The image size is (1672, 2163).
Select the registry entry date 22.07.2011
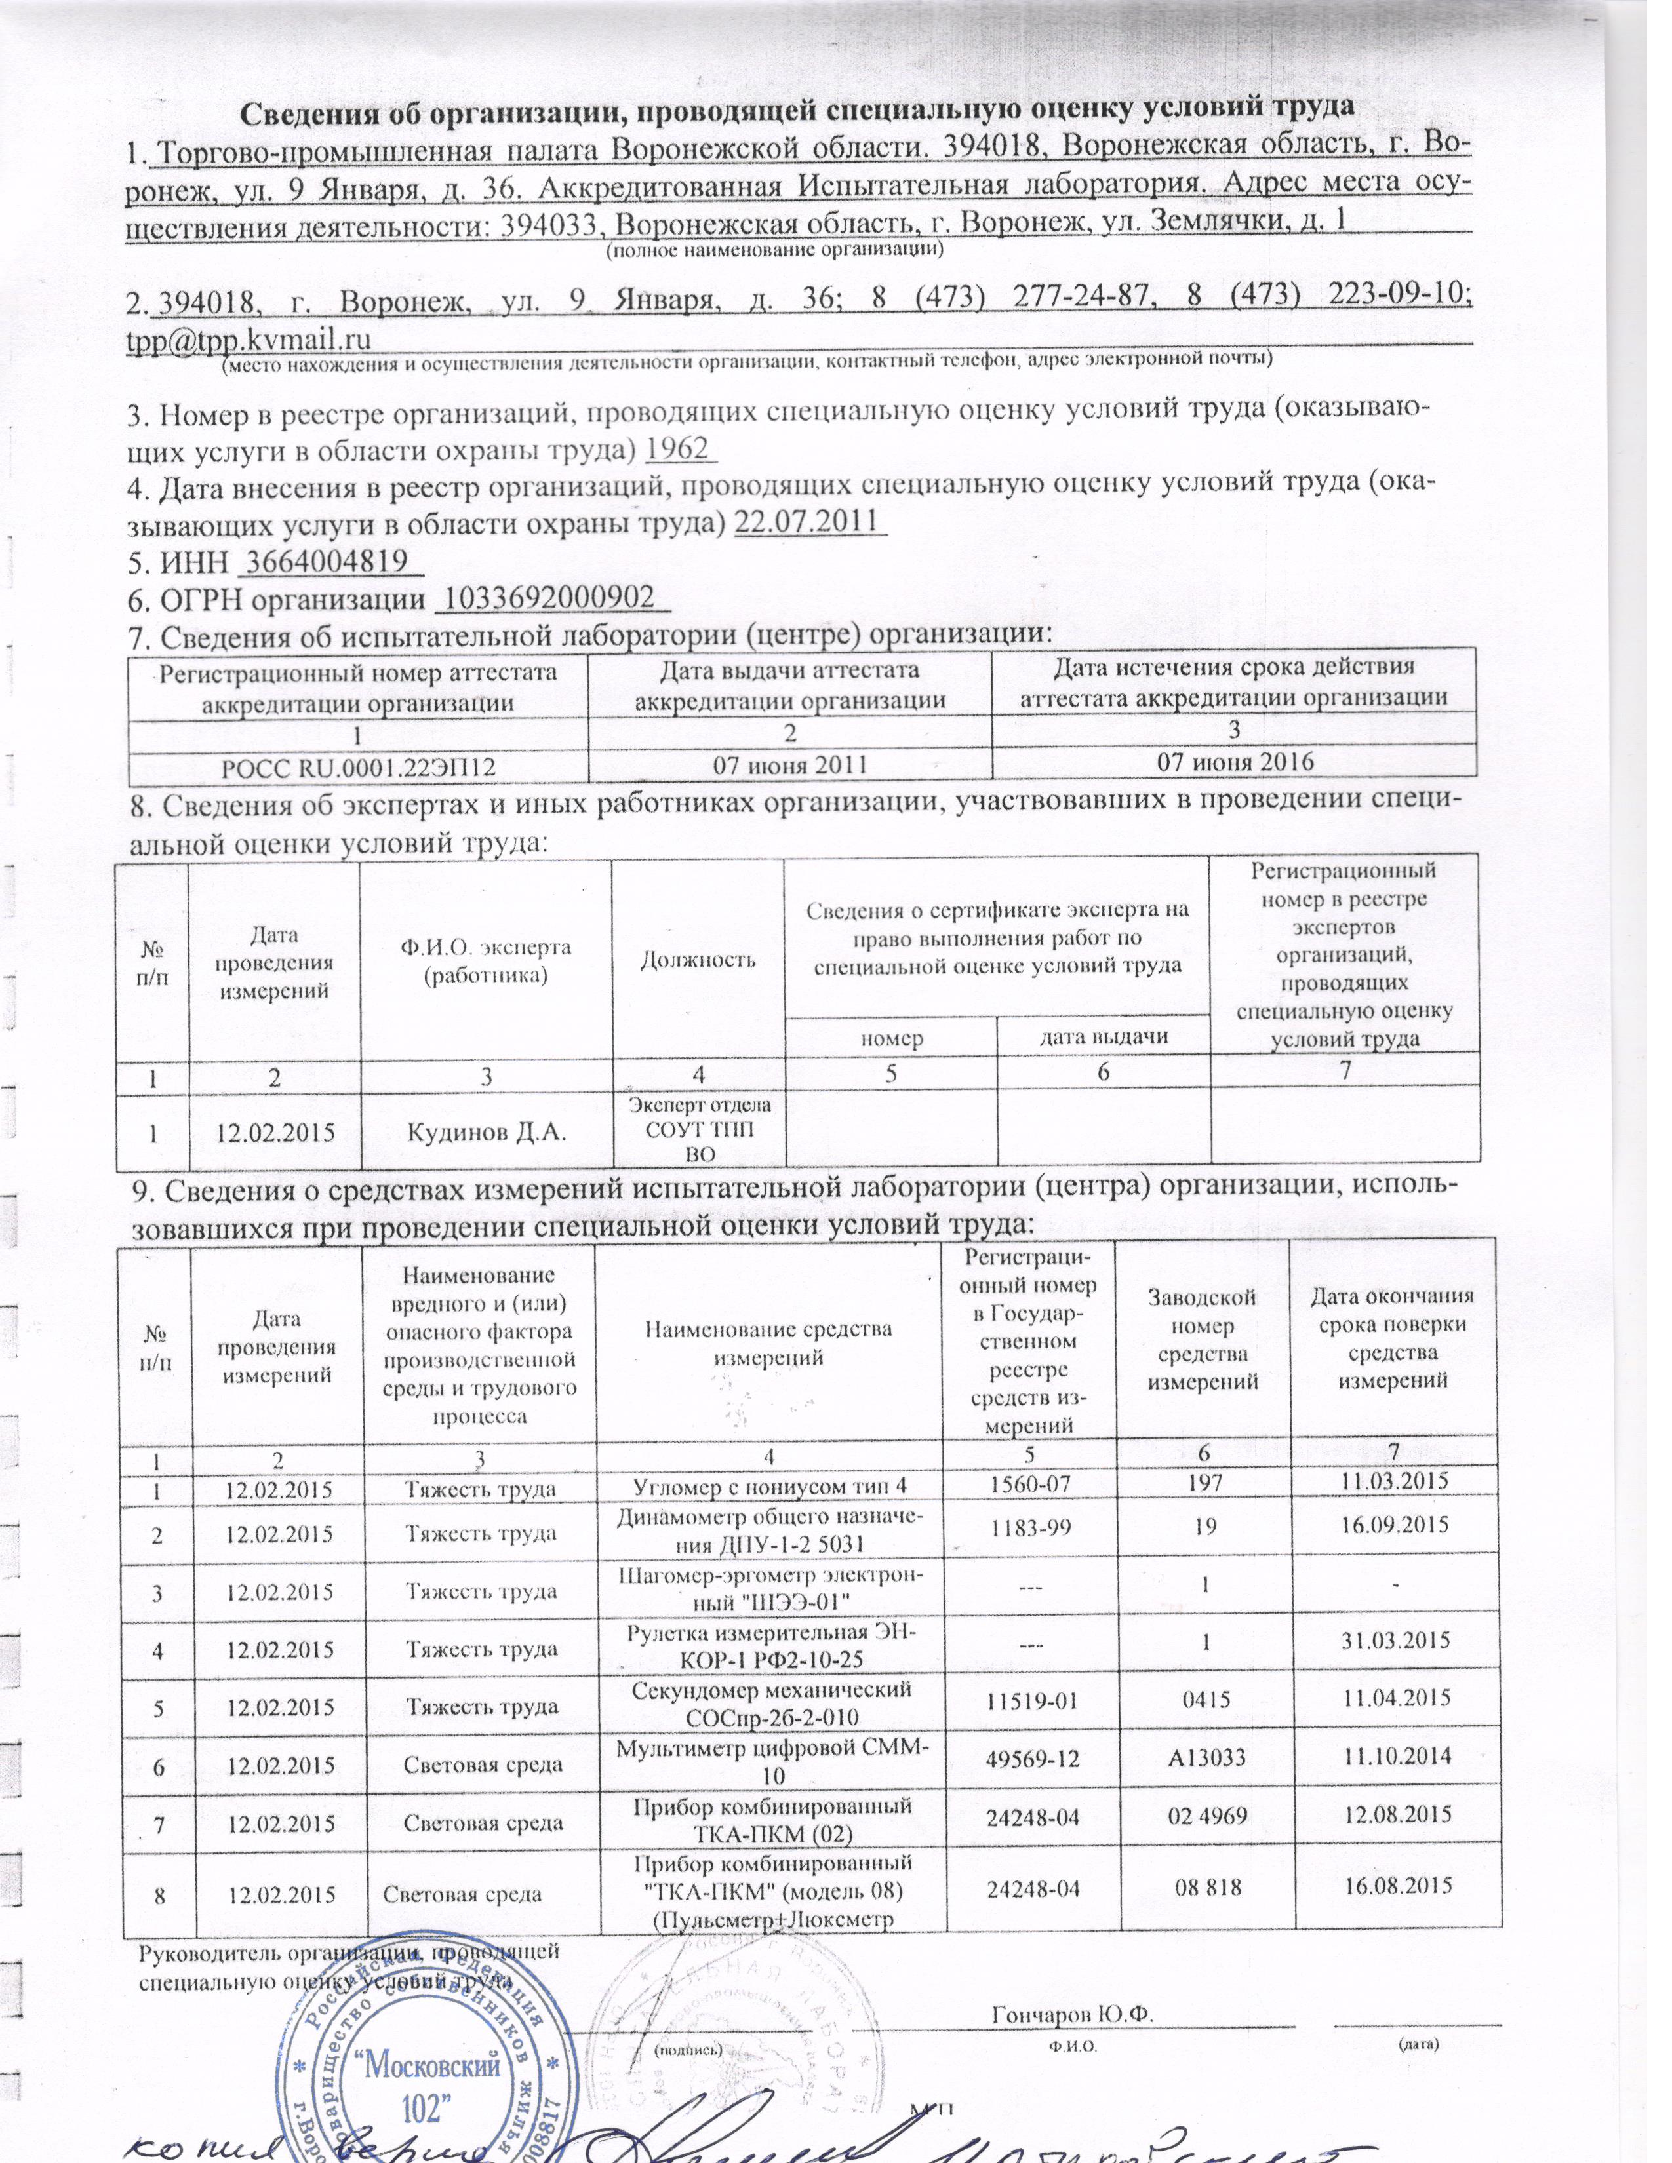point(809,521)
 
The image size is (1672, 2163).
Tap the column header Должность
point(698,959)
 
